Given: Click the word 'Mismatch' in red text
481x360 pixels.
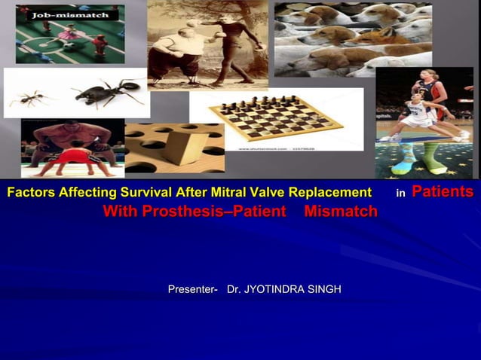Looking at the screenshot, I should [x=340, y=212].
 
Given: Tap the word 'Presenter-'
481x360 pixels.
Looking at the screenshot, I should [x=192, y=289].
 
